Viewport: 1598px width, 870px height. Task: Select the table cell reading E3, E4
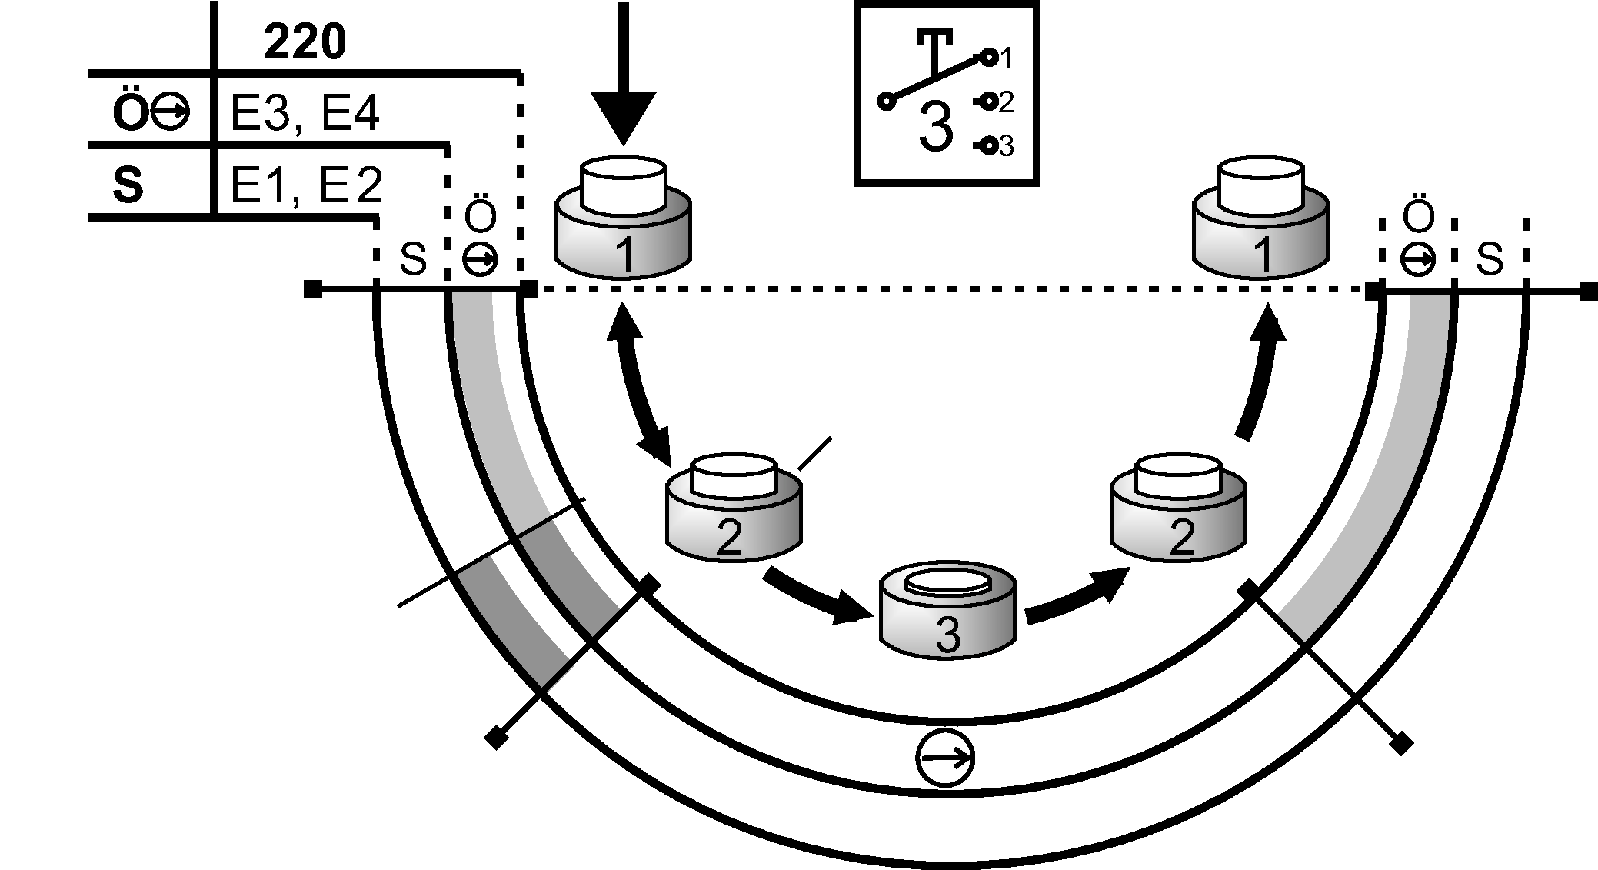[305, 115]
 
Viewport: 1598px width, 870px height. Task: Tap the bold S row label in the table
[128, 186]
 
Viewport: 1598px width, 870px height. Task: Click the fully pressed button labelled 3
[947, 612]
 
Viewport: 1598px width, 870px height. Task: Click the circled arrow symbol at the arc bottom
[945, 758]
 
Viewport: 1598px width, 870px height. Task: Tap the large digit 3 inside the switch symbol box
[936, 128]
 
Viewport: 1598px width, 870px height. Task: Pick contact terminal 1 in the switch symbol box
[990, 57]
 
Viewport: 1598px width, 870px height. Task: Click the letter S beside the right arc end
[1490, 260]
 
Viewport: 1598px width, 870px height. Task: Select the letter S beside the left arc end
[413, 260]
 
